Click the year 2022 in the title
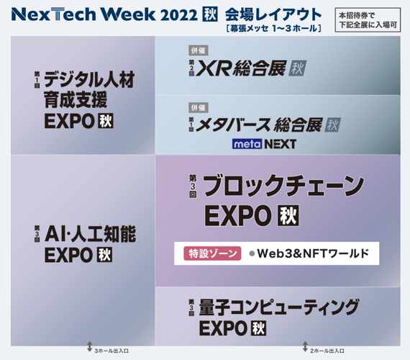click(x=178, y=14)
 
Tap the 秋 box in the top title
click(x=210, y=14)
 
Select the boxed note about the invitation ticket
click(x=368, y=20)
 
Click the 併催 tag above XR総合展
click(x=199, y=50)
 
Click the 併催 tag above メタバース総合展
click(x=199, y=107)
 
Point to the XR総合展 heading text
click(x=240, y=68)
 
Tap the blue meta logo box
click(x=247, y=144)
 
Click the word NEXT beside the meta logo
click(x=280, y=144)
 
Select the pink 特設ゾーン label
click(x=212, y=253)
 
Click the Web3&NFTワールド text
click(x=313, y=253)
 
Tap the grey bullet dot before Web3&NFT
click(x=252, y=253)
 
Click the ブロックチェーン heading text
click(x=283, y=186)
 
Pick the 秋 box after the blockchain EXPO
click(x=288, y=216)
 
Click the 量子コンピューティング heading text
click(x=279, y=307)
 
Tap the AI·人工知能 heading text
click(x=90, y=234)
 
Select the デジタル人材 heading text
click(x=89, y=79)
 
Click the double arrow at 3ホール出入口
click(x=90, y=346)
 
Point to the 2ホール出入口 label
click(x=327, y=351)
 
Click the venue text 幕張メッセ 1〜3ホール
click(x=274, y=28)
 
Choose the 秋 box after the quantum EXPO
click(x=259, y=328)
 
